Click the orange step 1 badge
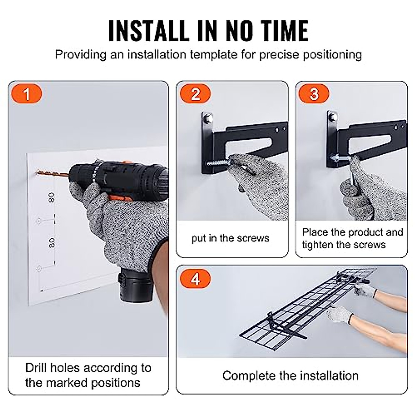[x=26, y=94]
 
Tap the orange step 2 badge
[x=195, y=94]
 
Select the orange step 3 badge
[x=314, y=94]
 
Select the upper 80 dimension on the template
[x=52, y=198]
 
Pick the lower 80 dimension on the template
[x=52, y=243]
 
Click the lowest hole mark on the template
[x=39, y=269]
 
